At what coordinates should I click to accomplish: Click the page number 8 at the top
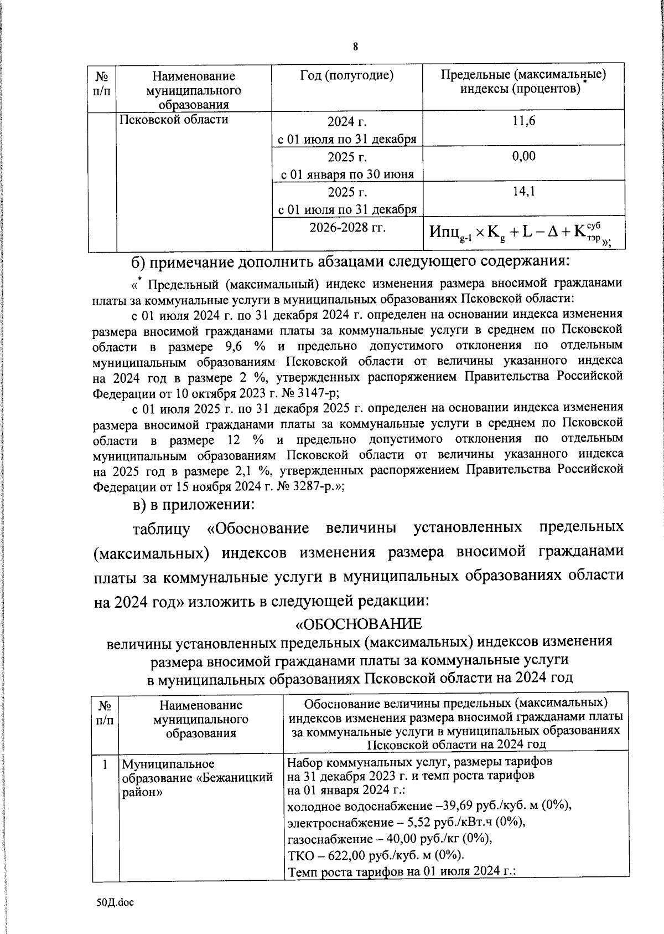click(355, 47)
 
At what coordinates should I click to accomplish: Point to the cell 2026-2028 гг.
click(347, 228)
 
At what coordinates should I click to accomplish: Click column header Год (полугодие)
click(347, 76)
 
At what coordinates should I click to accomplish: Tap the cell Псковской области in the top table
click(174, 119)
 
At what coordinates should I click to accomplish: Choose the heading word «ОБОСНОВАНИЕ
click(359, 624)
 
